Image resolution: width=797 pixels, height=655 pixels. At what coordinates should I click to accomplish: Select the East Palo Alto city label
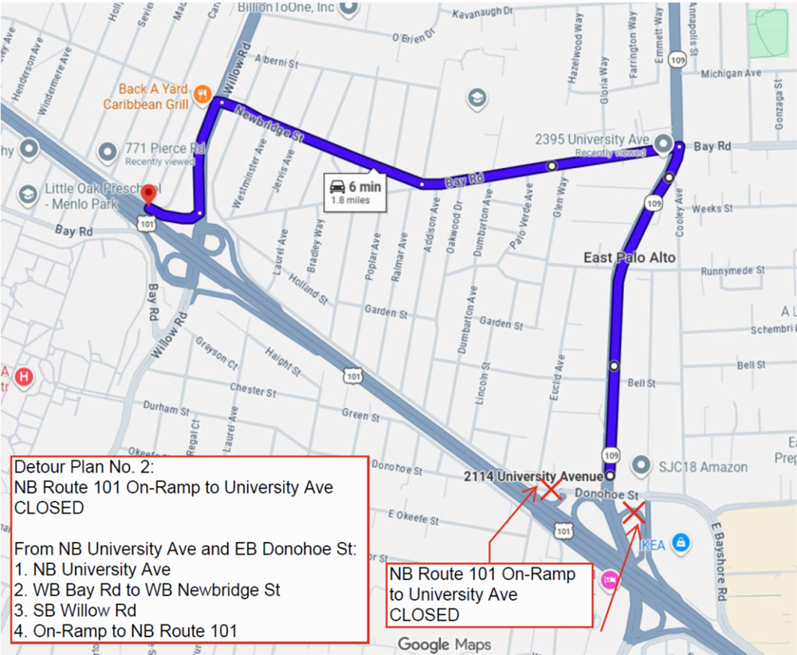(630, 257)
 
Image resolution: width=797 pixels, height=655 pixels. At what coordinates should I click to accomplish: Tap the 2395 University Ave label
(591, 139)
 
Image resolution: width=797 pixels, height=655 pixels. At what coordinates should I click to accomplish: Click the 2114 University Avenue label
(533, 477)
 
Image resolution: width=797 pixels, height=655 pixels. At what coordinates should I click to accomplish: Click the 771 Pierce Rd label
(165, 148)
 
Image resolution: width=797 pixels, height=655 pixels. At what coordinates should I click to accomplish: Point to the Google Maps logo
(445, 643)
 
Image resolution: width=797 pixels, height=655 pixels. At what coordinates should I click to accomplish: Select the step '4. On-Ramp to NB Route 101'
(125, 631)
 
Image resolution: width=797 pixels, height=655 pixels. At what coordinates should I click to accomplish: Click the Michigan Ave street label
(731, 73)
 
